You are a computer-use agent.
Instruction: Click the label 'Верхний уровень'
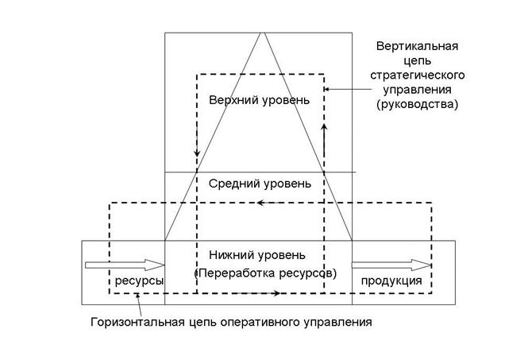pos(259,101)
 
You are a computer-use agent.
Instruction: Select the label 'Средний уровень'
pos(259,184)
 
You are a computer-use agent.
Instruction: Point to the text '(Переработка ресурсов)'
pos(266,273)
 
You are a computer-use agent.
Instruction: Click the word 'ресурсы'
pos(140,281)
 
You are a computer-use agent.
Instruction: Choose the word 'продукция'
pos(391,281)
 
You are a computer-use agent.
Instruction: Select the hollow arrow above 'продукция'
pos(392,265)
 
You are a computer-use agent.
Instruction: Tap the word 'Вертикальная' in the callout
pos(416,45)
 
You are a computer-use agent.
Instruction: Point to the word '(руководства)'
pos(418,103)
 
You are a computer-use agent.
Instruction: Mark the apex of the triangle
pos(260,33)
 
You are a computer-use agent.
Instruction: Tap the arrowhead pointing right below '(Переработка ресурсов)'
pos(277,293)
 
